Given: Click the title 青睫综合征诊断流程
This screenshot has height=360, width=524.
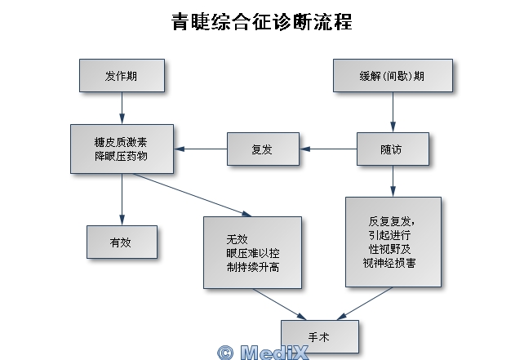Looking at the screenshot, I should [261, 21].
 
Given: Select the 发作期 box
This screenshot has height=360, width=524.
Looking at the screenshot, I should [122, 76].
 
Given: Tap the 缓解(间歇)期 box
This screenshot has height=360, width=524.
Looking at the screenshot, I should [392, 76].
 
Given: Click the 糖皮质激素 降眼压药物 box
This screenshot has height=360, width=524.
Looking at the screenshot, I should [122, 149].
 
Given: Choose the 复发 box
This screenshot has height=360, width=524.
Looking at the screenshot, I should [262, 149].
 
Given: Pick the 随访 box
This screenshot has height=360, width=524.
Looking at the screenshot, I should [392, 149].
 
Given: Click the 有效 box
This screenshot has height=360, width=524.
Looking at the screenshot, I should [122, 242].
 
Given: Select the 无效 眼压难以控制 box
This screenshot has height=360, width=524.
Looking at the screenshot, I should [252, 253].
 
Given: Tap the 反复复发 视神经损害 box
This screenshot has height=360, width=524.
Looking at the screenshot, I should [393, 242].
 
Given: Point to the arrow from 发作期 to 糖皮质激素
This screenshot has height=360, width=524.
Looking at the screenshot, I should [122, 108].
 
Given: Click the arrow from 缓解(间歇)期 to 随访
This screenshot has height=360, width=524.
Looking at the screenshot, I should [393, 112].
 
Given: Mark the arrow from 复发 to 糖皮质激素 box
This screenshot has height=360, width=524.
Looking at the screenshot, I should [200, 149].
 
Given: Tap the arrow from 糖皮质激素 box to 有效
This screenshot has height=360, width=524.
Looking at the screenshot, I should [122, 198].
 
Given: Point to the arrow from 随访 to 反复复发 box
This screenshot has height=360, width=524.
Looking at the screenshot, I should [393, 180].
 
